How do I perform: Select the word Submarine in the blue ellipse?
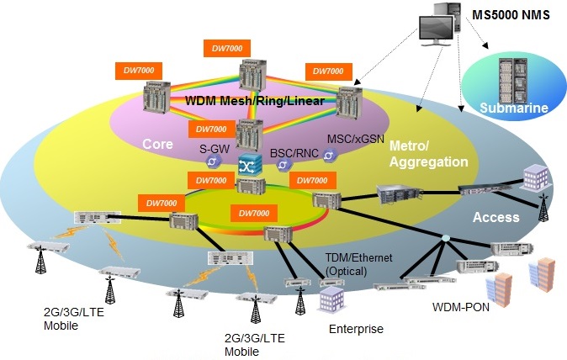click(x=514, y=108)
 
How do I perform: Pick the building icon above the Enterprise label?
click(x=332, y=296)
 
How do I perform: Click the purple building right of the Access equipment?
click(x=535, y=177)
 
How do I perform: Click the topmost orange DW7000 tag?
click(x=226, y=49)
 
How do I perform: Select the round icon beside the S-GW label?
click(x=214, y=161)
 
